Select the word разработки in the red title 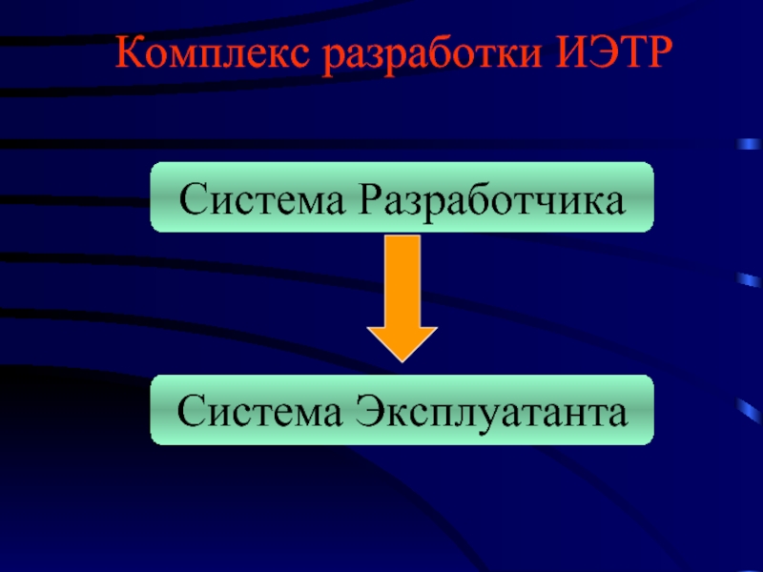coord(433,56)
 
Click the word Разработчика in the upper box coord(492,200)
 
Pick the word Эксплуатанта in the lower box coord(491,413)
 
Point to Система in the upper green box coord(261,198)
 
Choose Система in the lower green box coord(259,411)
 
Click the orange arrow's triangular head coord(402,343)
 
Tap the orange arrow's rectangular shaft coord(402,281)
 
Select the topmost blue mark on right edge coord(750,144)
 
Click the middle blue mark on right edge coord(750,280)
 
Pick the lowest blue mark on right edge coord(750,411)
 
